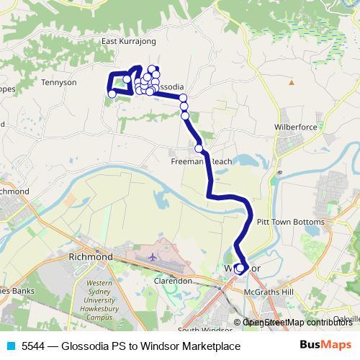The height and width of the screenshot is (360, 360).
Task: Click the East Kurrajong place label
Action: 129,42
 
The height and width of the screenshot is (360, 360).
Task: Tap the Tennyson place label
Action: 60,82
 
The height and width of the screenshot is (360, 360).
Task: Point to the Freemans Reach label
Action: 202,162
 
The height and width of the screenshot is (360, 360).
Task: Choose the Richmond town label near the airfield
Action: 89,256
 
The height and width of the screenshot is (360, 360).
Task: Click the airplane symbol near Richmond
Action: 152,256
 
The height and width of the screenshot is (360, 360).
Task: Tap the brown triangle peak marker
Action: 291,83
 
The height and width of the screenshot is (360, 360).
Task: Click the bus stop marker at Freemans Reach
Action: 199,149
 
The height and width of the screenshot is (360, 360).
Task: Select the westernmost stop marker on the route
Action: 112,94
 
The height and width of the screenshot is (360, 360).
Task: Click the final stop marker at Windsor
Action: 240,269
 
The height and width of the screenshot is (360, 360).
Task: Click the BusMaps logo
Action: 325,346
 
